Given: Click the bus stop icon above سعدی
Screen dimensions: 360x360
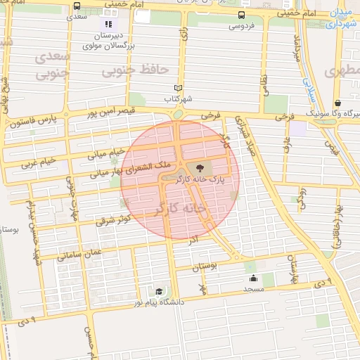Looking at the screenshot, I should click(x=77, y=6).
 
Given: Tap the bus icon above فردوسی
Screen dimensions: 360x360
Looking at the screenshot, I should click(x=242, y=15).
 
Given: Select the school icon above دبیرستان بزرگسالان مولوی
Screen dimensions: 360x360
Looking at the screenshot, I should click(x=108, y=24).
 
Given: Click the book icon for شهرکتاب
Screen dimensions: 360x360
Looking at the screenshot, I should click(x=178, y=88).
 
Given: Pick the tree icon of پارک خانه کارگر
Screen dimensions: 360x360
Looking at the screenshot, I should click(x=200, y=168).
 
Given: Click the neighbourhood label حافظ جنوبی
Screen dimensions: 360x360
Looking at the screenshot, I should click(x=136, y=71).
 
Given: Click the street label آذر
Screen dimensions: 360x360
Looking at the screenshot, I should click(x=193, y=240).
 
